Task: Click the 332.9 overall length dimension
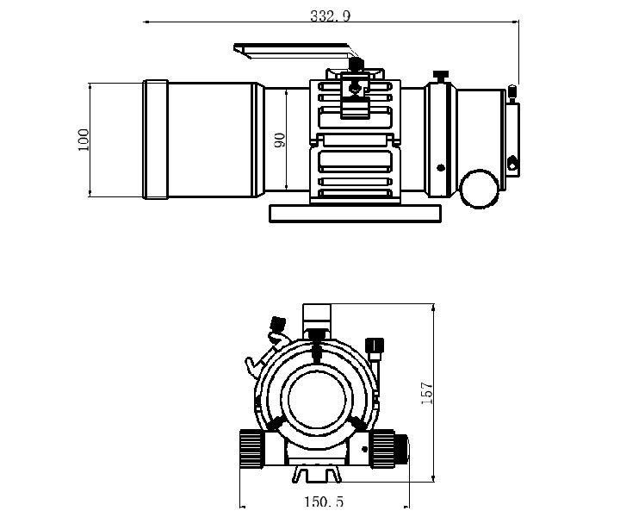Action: (x=330, y=16)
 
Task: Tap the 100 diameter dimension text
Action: (x=84, y=140)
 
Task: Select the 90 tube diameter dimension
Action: (x=280, y=140)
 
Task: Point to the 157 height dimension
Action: (x=427, y=393)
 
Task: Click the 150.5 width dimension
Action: (x=324, y=502)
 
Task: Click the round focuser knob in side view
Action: (x=479, y=189)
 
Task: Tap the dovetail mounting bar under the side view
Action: (x=355, y=214)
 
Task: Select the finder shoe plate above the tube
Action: (x=294, y=51)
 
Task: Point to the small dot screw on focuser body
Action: (x=441, y=168)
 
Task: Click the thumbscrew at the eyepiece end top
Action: (x=512, y=93)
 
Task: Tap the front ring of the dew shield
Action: (x=156, y=140)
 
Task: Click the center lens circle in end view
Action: (x=317, y=400)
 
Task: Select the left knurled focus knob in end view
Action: (x=251, y=449)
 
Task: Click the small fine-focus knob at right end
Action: (x=402, y=449)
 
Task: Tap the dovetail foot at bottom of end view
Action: (x=316, y=474)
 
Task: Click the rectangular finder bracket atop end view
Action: (x=316, y=316)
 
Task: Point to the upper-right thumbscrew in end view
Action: (x=375, y=348)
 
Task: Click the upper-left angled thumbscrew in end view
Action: (x=277, y=324)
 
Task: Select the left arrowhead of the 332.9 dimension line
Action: (x=146, y=22)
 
